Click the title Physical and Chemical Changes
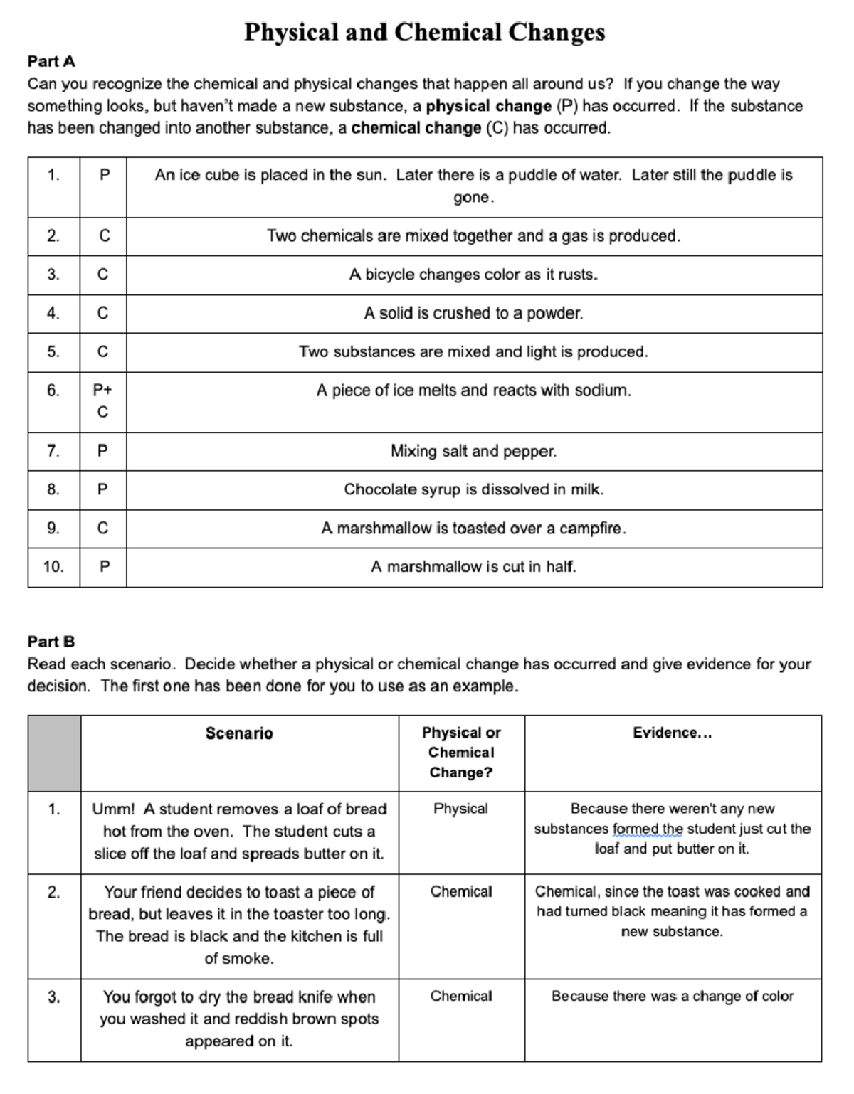point(424,32)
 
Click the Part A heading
point(51,61)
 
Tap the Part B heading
point(51,642)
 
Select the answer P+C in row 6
point(102,400)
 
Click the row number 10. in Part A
point(53,567)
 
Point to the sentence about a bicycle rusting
point(473,275)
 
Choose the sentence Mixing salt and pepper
point(473,451)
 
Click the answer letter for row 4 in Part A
point(102,313)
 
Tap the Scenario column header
point(239,733)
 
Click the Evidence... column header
point(672,733)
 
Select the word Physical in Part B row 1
point(460,809)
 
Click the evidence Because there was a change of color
point(672,996)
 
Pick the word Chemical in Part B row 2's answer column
point(460,891)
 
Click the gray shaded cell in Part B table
point(54,753)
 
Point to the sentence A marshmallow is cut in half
point(473,567)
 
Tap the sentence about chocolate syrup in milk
point(473,489)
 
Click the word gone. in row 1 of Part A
point(473,198)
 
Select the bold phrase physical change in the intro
point(488,106)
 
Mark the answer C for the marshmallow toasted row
point(102,529)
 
